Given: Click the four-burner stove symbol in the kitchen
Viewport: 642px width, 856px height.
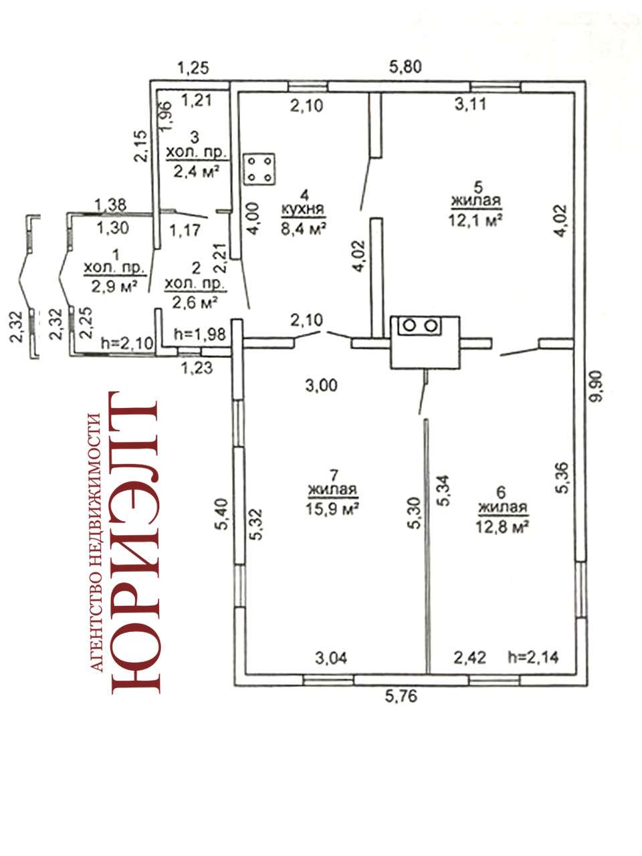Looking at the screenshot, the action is click(259, 169).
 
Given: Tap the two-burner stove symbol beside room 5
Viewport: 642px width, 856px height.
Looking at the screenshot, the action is click(419, 325).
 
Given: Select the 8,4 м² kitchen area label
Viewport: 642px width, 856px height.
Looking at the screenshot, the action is click(304, 229).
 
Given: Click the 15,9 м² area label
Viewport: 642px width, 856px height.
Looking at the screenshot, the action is click(332, 508).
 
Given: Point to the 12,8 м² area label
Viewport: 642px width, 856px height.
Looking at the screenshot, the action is click(502, 527).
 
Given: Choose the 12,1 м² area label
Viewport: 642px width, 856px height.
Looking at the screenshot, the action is click(475, 221).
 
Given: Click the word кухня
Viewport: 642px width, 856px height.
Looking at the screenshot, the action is click(303, 209).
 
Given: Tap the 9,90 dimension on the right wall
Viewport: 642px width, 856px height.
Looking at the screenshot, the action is click(597, 387).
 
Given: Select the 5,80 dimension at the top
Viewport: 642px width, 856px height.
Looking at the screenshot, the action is click(405, 67).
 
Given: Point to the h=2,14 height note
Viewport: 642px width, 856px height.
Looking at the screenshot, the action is click(533, 657).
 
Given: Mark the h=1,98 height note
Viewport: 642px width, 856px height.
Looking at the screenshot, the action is click(199, 334).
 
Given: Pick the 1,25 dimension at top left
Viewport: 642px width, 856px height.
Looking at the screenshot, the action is click(193, 68).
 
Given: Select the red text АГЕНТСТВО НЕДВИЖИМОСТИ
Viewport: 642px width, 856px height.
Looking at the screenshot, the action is click(96, 542).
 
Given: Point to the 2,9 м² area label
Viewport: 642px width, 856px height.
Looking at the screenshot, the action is click(114, 288).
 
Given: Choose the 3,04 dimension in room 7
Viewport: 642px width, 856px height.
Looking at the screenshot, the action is click(330, 658).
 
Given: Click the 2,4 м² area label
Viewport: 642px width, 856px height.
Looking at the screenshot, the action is click(196, 172).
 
